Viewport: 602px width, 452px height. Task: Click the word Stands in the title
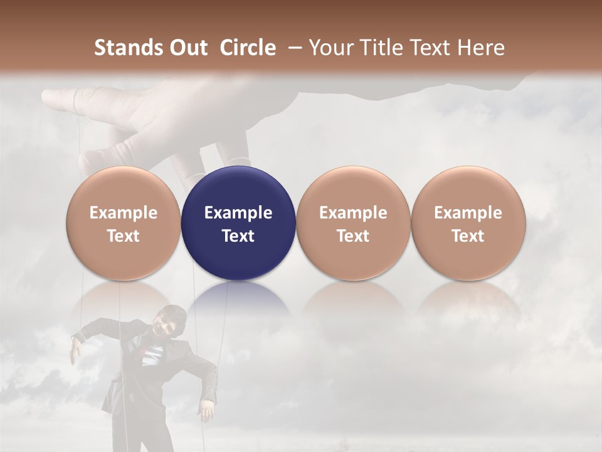click(x=128, y=48)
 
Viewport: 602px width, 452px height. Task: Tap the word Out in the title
click(x=187, y=48)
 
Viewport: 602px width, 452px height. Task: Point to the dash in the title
click(x=292, y=48)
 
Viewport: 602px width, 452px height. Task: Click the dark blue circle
click(x=238, y=223)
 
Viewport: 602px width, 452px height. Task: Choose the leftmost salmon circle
click(x=123, y=223)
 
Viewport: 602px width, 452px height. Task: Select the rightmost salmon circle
click(x=468, y=223)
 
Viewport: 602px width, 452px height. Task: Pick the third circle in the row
click(x=353, y=223)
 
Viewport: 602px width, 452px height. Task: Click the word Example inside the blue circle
click(x=238, y=213)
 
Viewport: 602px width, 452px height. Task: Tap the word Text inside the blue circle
click(x=238, y=236)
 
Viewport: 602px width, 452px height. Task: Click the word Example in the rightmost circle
click(x=468, y=213)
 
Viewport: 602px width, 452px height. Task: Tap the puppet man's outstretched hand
click(x=76, y=352)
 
